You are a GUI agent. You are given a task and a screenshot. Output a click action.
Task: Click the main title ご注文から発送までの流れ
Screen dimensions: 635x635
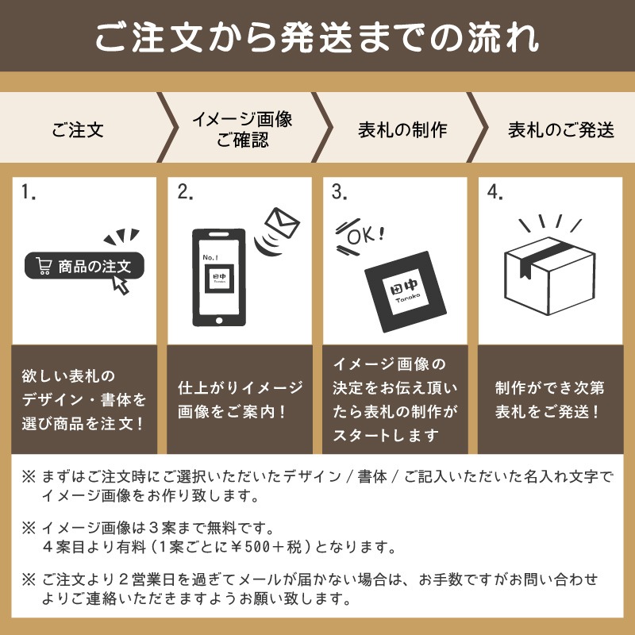point(317,37)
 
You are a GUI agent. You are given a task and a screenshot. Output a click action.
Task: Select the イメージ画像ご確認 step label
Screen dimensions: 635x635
point(242,129)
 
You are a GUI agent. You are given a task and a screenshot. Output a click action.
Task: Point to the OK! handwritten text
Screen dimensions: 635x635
point(364,234)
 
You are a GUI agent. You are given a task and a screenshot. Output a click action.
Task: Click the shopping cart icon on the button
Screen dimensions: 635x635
point(44,267)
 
